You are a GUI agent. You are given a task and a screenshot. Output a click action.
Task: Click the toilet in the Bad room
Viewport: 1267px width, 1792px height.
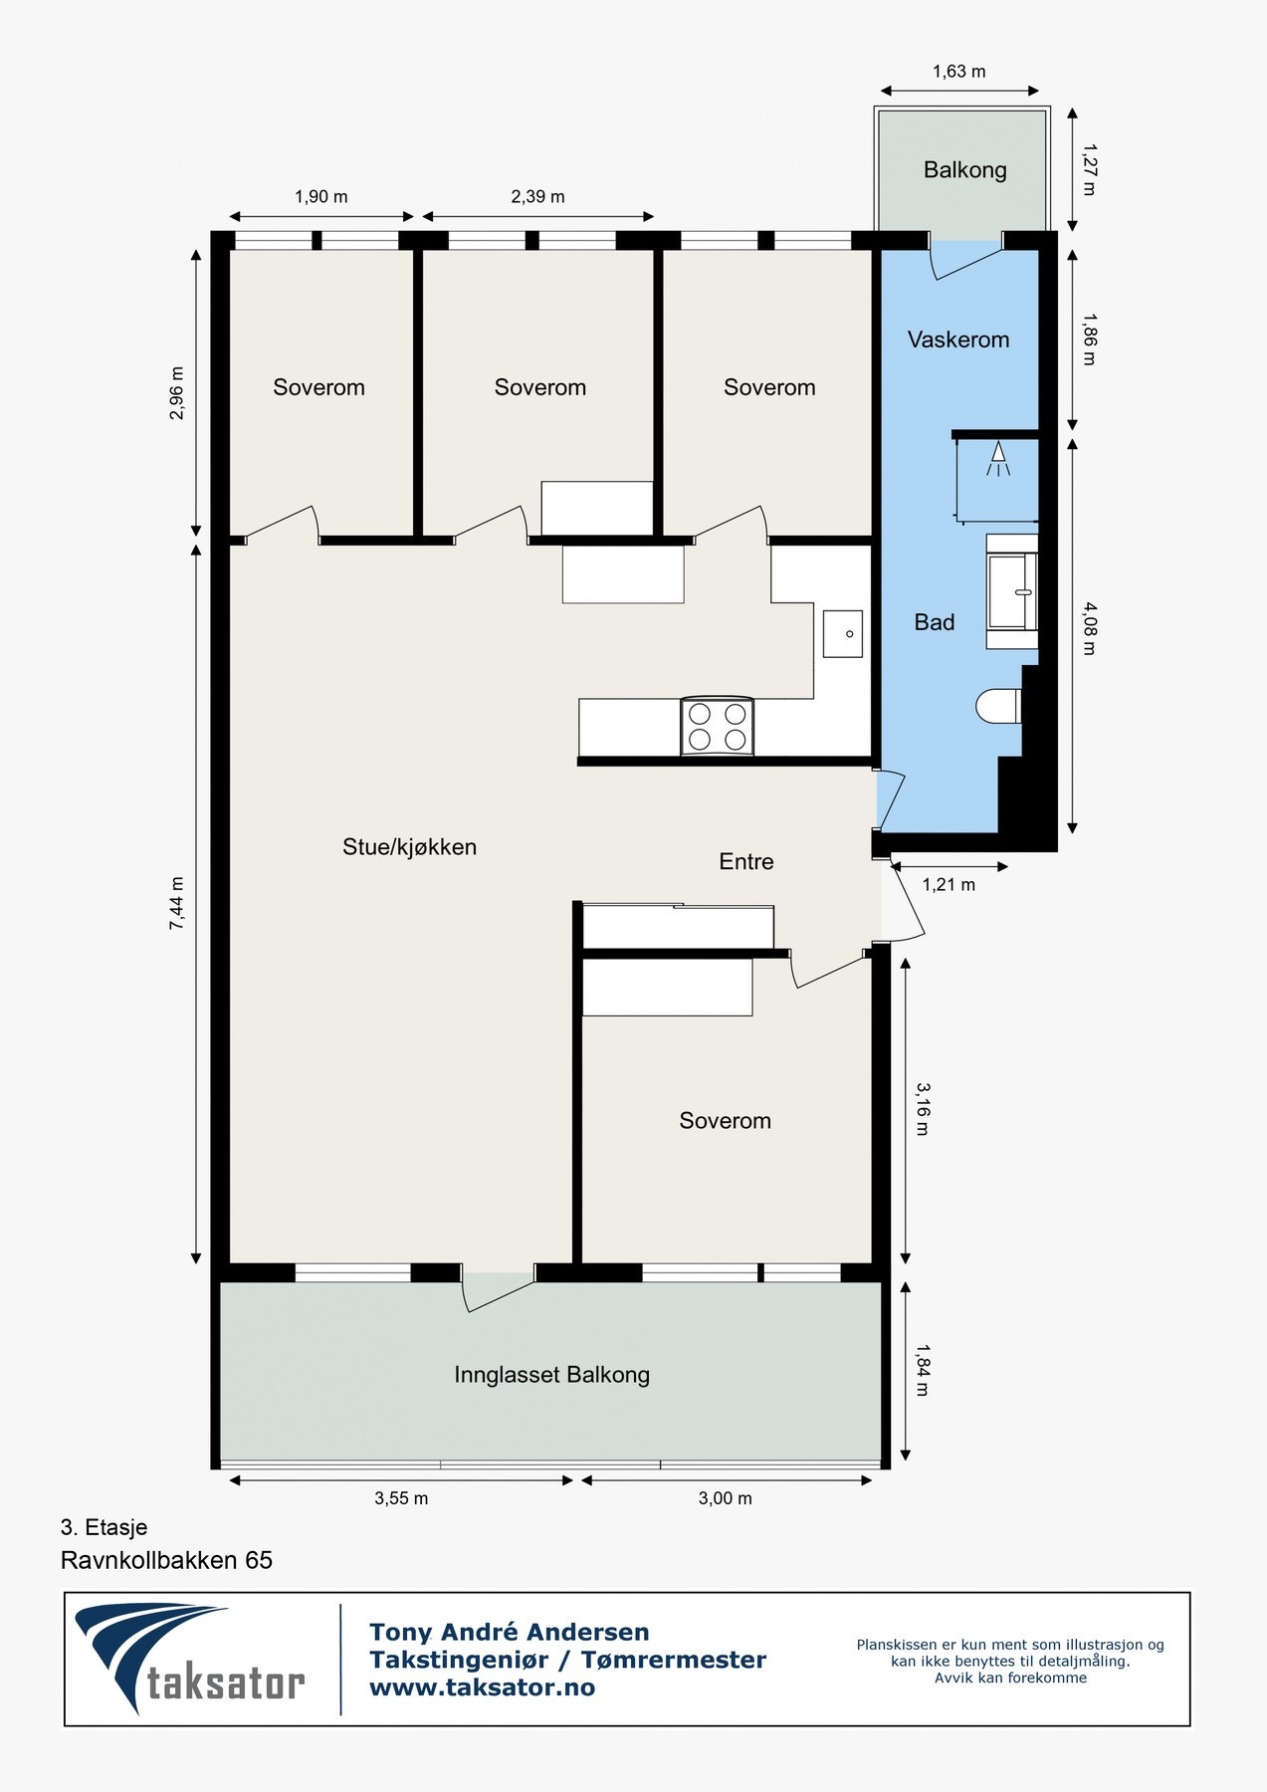[x=998, y=706]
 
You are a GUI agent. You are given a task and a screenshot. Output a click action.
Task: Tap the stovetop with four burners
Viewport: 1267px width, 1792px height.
[x=717, y=727]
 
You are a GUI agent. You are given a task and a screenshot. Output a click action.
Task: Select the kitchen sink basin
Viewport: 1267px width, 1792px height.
[x=842, y=634]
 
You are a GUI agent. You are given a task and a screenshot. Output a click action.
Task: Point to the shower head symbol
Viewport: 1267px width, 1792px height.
[x=997, y=459]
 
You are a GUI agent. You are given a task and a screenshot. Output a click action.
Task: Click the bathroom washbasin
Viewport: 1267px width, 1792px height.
[x=1011, y=591]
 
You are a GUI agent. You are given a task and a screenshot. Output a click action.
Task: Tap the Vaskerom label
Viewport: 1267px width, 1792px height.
[x=958, y=339]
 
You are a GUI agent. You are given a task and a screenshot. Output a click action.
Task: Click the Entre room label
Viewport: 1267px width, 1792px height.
[x=746, y=861]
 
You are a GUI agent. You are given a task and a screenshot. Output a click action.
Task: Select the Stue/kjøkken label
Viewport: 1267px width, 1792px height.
[x=409, y=847]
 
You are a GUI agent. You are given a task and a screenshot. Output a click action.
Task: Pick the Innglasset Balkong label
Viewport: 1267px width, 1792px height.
[x=551, y=1375]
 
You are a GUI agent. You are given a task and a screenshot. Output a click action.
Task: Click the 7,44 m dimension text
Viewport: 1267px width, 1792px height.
[x=177, y=904]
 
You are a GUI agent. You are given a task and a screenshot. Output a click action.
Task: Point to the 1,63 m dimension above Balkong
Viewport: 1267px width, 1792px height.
[x=959, y=72]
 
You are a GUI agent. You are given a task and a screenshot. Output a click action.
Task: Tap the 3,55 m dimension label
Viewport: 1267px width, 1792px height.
[x=401, y=1498]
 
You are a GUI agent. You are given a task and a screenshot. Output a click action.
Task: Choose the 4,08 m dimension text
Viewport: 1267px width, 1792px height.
[x=1089, y=628]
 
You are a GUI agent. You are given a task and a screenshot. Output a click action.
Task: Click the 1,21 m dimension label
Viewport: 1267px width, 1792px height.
[x=949, y=884]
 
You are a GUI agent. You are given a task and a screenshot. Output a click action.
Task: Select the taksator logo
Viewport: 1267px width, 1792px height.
[x=190, y=1659]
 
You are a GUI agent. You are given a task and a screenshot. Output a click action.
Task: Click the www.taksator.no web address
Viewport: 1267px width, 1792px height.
[x=482, y=1687]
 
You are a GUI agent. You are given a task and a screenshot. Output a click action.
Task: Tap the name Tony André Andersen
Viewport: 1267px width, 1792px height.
[x=509, y=1632]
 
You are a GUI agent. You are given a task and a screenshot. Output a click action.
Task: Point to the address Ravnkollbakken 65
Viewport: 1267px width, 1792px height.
[x=166, y=1560]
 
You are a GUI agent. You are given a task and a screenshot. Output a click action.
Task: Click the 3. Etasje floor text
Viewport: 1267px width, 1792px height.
[x=104, y=1527]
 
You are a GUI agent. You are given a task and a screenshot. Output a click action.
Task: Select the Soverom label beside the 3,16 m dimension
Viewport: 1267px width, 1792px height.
[x=725, y=1121]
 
